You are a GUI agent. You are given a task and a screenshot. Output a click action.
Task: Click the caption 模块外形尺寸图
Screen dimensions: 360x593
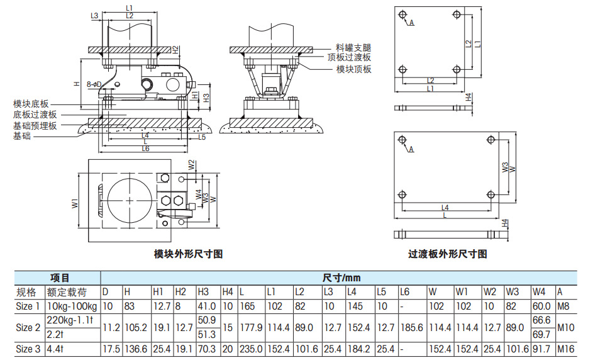pos(189,254)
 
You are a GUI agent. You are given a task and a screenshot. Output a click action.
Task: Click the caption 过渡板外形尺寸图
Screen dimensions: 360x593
pos(448,254)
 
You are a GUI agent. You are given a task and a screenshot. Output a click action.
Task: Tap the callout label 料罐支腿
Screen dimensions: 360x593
pos(353,48)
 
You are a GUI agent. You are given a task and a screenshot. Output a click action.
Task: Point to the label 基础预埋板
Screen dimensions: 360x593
pos(35,125)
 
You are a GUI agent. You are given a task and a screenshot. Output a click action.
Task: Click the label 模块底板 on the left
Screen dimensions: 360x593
pos(31,104)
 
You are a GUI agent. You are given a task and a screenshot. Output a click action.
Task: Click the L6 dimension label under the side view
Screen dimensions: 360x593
pos(145,149)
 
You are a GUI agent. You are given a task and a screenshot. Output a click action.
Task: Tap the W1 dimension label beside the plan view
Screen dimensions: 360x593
pos(74,203)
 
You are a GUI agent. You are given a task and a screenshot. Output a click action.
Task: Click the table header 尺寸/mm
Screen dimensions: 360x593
pos(341,278)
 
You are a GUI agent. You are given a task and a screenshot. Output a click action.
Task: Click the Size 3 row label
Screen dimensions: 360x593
pos(28,350)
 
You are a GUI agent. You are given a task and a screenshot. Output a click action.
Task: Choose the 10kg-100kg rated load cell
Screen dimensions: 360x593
pos(72,307)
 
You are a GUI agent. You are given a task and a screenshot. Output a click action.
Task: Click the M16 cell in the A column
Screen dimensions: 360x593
pos(565,350)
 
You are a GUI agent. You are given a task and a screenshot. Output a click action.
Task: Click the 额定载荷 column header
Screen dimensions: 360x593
pos(65,292)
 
